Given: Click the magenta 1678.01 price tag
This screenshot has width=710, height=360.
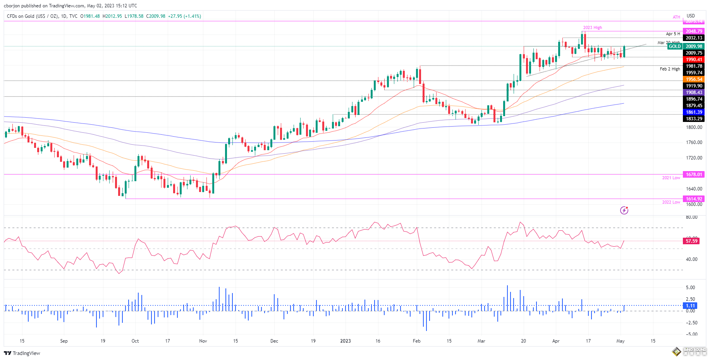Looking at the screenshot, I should (x=694, y=175).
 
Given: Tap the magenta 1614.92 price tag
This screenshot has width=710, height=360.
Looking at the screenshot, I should (x=694, y=199).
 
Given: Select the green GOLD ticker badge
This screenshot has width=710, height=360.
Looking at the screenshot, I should (x=674, y=46).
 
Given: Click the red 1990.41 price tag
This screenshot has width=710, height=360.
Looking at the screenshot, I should (x=694, y=60).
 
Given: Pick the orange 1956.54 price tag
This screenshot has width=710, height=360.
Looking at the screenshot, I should (x=694, y=79).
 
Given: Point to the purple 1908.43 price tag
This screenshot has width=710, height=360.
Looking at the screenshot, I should (x=694, y=93).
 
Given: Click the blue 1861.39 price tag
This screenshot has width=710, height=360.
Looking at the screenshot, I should (x=694, y=112).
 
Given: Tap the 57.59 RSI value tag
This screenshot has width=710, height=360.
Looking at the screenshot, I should (x=691, y=241).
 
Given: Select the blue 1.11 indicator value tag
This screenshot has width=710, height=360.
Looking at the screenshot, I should (x=691, y=306).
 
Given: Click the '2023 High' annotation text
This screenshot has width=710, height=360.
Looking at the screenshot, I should (x=593, y=28).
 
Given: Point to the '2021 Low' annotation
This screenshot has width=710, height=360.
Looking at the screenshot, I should (x=671, y=178).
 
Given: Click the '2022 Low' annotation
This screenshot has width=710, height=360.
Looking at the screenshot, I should (x=671, y=202).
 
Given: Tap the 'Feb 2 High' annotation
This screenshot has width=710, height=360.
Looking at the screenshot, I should (x=670, y=69).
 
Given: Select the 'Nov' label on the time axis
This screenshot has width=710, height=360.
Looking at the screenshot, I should (x=203, y=341).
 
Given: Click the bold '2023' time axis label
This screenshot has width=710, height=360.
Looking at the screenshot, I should (x=345, y=341).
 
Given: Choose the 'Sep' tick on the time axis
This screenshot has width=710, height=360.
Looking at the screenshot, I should (x=64, y=341).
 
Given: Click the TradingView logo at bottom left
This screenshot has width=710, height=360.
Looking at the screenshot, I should (x=22, y=353).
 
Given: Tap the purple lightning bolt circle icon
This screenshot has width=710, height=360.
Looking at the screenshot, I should (x=624, y=210).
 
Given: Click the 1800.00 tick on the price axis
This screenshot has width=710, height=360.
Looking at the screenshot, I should (x=694, y=127).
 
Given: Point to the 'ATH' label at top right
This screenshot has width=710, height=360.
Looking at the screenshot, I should (x=676, y=17).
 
